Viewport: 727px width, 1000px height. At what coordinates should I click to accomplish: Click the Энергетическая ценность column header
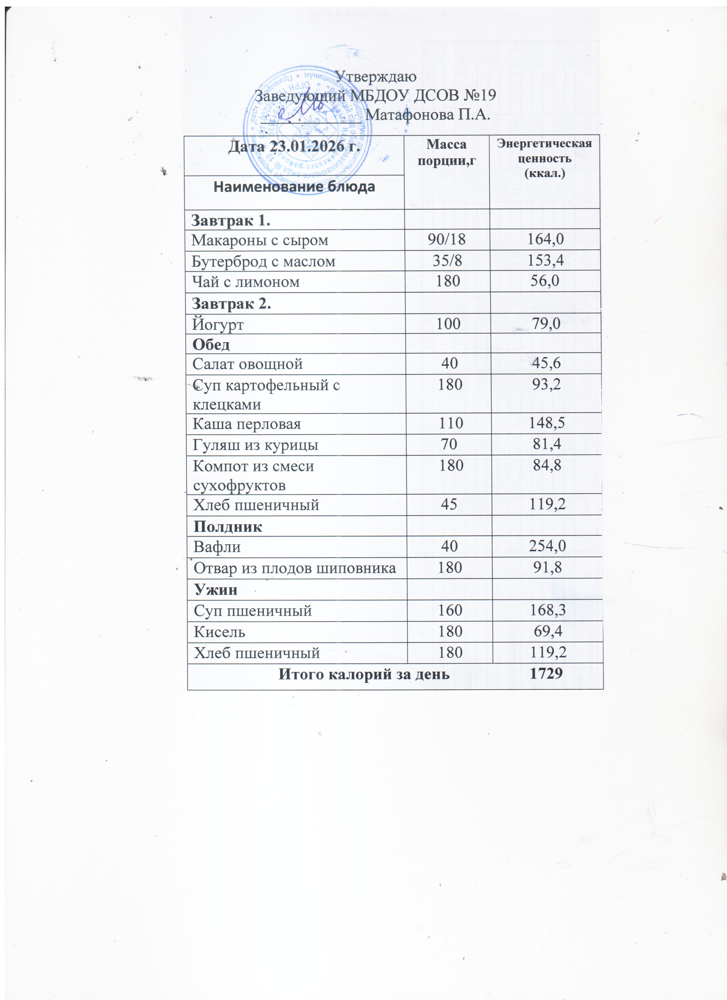pyautogui.click(x=545, y=158)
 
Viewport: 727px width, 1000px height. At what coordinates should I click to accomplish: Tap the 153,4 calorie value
pyautogui.click(x=546, y=261)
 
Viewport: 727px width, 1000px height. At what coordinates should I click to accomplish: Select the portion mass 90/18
pyautogui.click(x=447, y=240)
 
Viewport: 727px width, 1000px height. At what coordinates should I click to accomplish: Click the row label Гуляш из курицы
pyautogui.click(x=256, y=445)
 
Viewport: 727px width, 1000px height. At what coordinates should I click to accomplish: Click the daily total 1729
pyautogui.click(x=547, y=674)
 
